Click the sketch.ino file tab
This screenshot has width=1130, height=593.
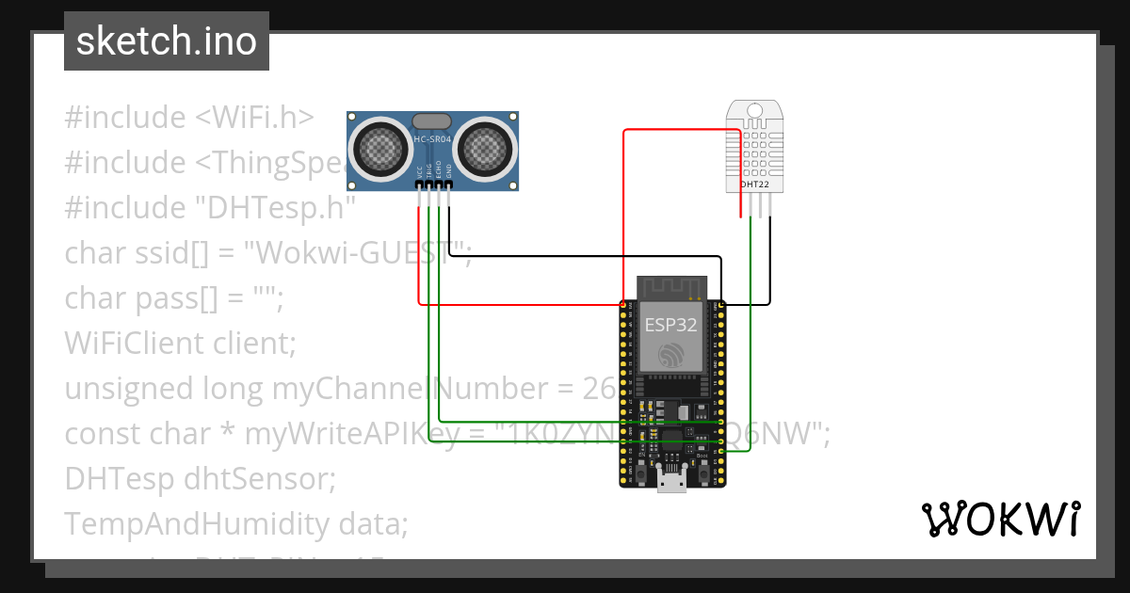pos(166,41)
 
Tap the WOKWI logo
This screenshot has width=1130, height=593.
pos(1000,519)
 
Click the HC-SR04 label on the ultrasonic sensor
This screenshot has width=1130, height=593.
pos(433,140)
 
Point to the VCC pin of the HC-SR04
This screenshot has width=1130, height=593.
pos(419,184)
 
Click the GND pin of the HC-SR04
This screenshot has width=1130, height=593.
pos(449,184)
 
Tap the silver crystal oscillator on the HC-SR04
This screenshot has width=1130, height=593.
pos(432,120)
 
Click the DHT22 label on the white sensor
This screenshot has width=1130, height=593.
pos(753,184)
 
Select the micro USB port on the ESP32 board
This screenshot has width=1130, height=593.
pos(672,481)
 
